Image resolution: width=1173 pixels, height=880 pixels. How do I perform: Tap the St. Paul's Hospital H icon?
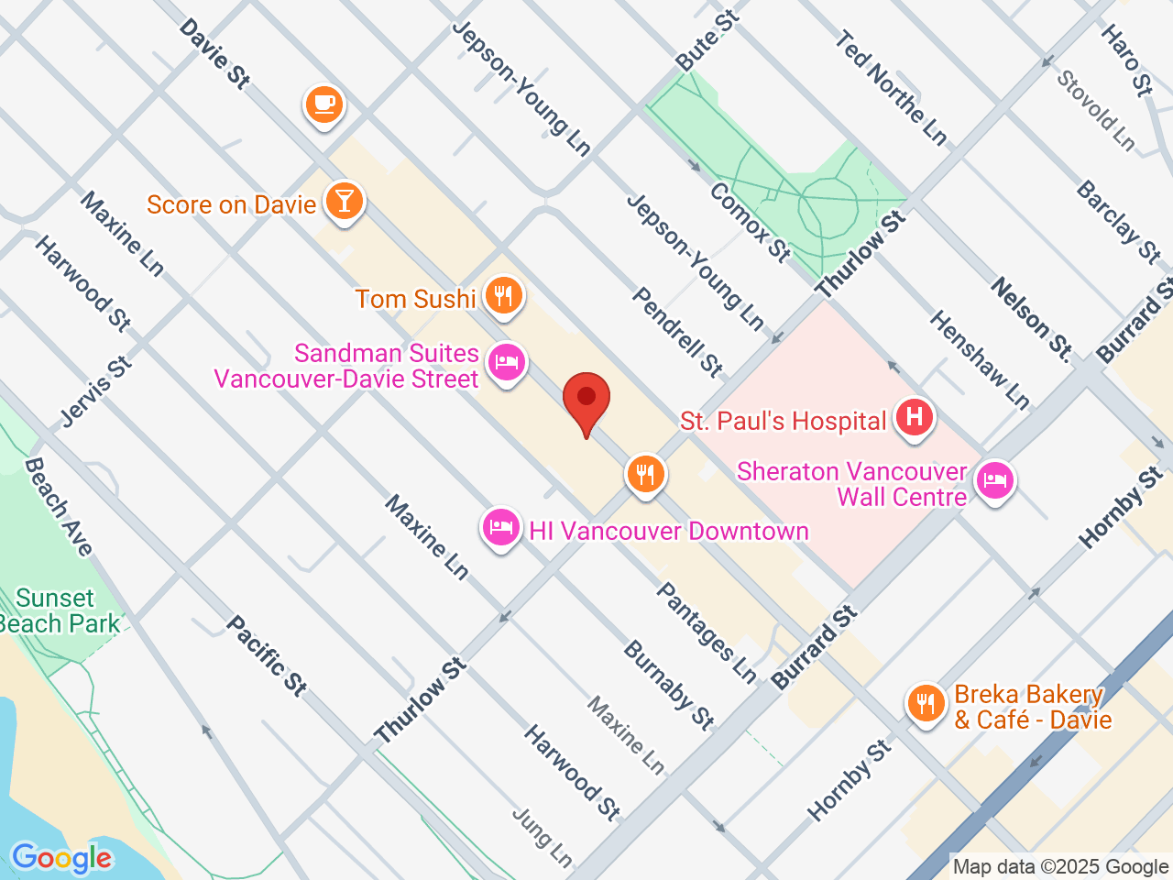(x=914, y=418)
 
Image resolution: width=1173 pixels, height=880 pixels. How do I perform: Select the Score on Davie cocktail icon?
(x=345, y=201)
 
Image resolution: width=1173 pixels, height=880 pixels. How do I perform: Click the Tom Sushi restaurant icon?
(x=502, y=295)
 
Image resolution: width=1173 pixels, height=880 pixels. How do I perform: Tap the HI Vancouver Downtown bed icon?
(x=500, y=528)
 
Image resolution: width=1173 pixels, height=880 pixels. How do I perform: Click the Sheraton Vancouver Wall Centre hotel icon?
(x=995, y=479)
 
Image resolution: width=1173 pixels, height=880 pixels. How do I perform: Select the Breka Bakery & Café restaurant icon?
(x=926, y=703)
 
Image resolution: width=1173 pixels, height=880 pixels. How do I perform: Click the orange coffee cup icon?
(x=323, y=104)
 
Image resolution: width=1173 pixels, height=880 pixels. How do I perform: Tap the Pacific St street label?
(x=267, y=655)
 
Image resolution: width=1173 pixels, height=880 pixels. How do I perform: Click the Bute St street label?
(x=707, y=41)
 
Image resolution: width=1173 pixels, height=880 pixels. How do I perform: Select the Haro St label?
(x=1125, y=60)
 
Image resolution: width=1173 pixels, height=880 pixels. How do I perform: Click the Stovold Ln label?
(x=1096, y=110)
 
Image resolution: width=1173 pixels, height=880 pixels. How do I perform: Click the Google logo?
(x=61, y=859)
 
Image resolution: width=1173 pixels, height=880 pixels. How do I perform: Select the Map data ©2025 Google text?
(x=1060, y=866)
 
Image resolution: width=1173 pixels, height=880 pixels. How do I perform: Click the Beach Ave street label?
(x=59, y=507)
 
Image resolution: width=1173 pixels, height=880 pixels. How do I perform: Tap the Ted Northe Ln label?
(x=890, y=87)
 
